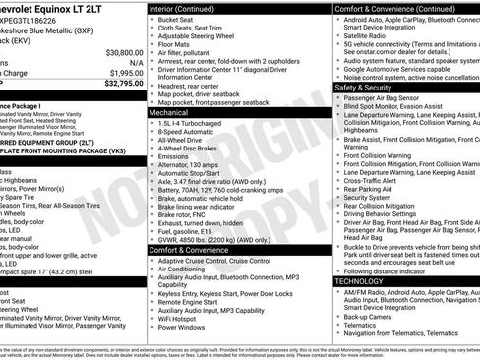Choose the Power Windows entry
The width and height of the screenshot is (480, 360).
click(184, 327)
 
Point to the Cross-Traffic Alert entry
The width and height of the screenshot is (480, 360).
click(376, 182)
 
